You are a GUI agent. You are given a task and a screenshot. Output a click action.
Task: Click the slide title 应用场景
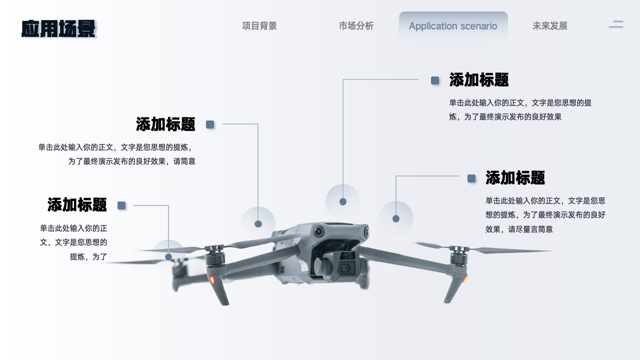click(58, 28)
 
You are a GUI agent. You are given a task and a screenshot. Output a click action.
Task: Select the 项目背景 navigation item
click(259, 26)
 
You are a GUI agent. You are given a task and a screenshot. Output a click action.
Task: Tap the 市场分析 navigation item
click(356, 26)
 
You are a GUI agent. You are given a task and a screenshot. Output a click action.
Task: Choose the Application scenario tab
click(453, 26)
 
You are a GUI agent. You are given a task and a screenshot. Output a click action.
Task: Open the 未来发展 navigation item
click(550, 26)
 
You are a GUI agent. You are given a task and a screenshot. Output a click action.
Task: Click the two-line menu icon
click(616, 24)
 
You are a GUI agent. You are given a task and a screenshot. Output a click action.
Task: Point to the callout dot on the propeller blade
click(168, 257)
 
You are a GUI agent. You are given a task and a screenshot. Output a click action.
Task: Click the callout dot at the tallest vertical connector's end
click(343, 201)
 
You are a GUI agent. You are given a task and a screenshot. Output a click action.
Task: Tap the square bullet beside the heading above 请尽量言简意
click(471, 178)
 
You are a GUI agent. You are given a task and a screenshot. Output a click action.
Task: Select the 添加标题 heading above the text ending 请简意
click(165, 124)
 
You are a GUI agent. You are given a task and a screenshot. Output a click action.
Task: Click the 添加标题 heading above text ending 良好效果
click(479, 79)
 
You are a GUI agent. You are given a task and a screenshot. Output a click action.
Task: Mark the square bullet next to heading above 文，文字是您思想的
click(121, 205)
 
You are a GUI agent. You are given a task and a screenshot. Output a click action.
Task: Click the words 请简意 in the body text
click(184, 161)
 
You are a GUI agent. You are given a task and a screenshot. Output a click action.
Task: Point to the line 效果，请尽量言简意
click(519, 229)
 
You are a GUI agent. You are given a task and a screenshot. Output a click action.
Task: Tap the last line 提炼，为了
click(88, 256)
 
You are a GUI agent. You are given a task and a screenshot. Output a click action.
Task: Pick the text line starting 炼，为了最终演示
click(505, 117)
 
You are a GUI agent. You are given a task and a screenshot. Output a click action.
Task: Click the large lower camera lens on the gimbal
click(343, 268)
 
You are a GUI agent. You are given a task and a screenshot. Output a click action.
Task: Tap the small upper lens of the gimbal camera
click(347, 255)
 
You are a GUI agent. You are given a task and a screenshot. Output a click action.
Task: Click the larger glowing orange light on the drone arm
click(212, 279)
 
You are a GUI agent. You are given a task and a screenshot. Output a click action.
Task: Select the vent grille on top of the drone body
click(340, 224)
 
